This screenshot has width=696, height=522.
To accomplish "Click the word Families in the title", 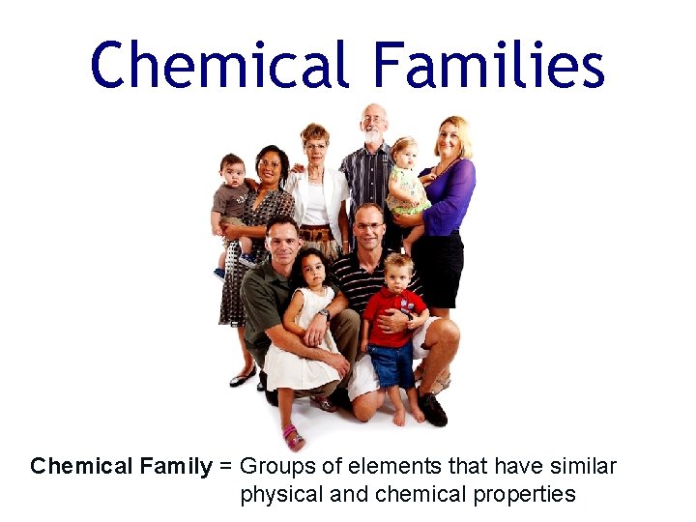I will (x=488, y=66).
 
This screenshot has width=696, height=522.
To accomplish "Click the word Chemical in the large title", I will (x=219, y=66).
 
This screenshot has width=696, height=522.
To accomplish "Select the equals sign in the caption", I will (x=225, y=467).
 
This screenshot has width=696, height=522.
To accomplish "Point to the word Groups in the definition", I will (x=275, y=467).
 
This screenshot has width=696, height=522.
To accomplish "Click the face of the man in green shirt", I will (x=283, y=241).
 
